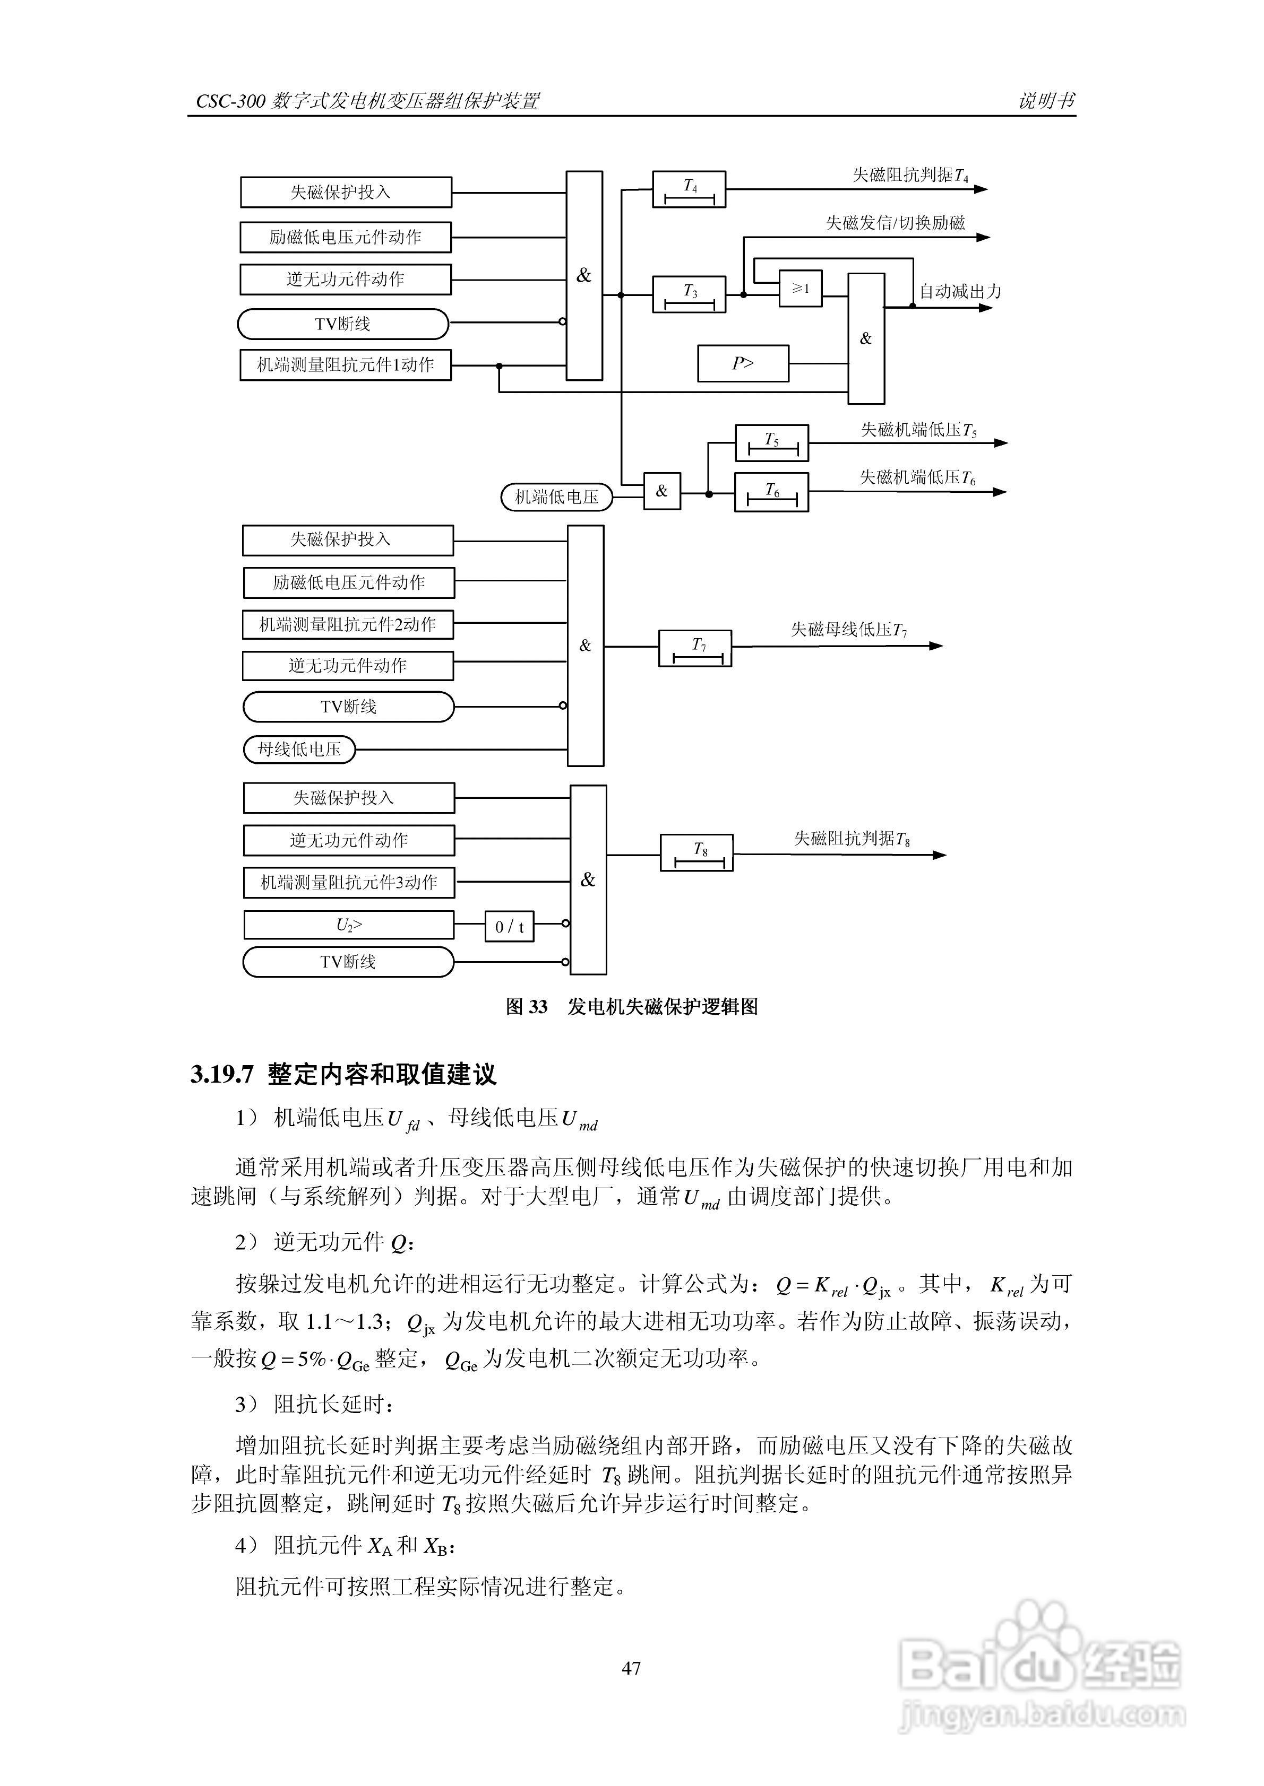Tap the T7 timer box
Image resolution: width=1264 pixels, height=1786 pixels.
(x=695, y=649)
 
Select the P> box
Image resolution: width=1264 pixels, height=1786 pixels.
(x=743, y=363)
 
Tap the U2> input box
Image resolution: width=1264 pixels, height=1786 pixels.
(x=349, y=925)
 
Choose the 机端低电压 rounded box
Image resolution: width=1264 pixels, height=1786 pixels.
(x=556, y=497)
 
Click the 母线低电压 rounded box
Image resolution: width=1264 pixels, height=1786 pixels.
(x=299, y=749)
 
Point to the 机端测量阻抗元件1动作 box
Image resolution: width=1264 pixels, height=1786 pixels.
(x=346, y=365)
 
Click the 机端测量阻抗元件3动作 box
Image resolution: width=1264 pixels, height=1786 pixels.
(x=349, y=883)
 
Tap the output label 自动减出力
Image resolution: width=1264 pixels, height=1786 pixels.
(x=960, y=292)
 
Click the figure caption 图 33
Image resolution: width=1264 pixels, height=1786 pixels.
(x=526, y=1007)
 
